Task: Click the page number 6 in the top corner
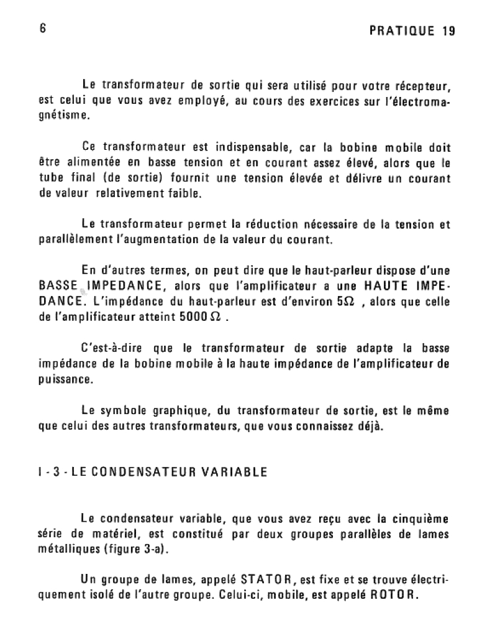42,29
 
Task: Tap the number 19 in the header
448,31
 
